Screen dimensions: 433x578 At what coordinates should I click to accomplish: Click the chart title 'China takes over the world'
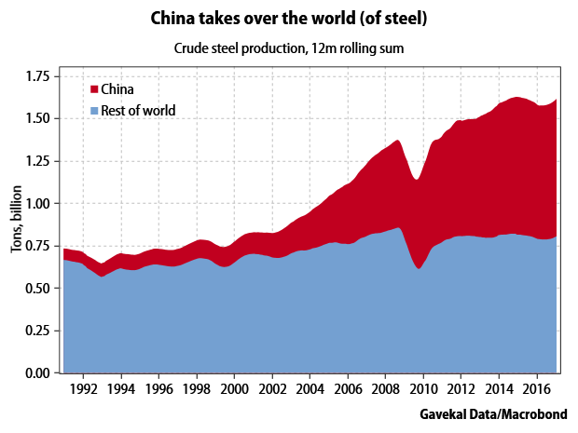click(x=289, y=18)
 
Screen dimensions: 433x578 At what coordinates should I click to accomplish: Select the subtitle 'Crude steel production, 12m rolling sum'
click(x=289, y=47)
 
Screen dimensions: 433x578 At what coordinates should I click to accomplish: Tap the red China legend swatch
click(x=93, y=89)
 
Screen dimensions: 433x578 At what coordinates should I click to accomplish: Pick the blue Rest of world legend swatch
click(x=93, y=111)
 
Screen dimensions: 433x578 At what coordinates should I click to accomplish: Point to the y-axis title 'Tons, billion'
click(x=16, y=219)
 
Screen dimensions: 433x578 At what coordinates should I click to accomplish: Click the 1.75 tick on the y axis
click(x=37, y=76)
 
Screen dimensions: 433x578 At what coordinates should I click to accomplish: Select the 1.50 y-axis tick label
click(x=37, y=118)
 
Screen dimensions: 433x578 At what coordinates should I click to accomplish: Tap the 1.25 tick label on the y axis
click(x=37, y=161)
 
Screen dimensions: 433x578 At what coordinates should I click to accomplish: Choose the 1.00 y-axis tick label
click(x=37, y=203)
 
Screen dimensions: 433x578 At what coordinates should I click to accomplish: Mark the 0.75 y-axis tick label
click(x=37, y=246)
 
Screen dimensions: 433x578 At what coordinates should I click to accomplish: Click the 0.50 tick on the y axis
click(x=37, y=288)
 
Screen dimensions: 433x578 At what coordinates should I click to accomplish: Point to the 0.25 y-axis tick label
click(x=37, y=331)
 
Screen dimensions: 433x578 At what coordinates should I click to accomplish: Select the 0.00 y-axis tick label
click(x=37, y=372)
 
